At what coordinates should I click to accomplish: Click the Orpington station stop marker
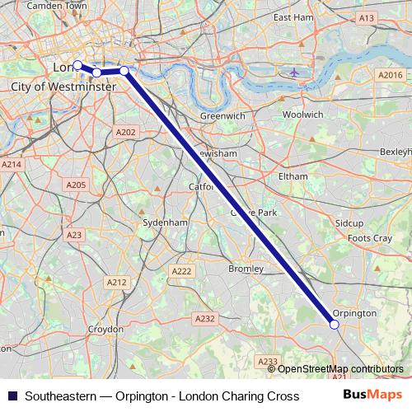(x=335, y=325)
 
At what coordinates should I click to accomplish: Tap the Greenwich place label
(x=222, y=116)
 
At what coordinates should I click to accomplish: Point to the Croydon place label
(x=105, y=329)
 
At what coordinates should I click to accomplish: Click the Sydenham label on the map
(x=165, y=222)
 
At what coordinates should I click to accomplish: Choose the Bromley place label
(x=246, y=269)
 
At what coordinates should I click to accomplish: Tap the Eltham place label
(x=293, y=176)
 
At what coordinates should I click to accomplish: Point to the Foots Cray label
(x=370, y=238)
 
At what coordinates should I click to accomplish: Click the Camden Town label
(x=57, y=6)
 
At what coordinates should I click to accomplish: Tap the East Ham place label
(x=293, y=16)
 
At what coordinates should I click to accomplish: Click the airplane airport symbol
(x=295, y=72)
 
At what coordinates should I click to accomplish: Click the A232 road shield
(x=204, y=318)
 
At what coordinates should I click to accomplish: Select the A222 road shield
(x=181, y=271)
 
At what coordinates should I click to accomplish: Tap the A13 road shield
(x=367, y=17)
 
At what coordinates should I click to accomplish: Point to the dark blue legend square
(x=12, y=396)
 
